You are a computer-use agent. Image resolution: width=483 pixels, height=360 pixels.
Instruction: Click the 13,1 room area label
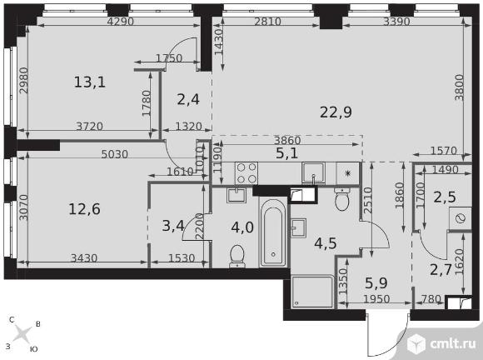90,82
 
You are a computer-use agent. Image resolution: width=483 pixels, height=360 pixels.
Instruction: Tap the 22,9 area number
336,112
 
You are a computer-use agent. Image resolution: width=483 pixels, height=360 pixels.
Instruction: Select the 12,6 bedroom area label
84,209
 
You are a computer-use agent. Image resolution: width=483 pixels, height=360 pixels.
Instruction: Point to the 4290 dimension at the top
121,22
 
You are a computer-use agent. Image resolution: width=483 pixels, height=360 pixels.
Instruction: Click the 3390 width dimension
396,22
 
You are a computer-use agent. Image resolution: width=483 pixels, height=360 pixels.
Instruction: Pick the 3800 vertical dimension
460,87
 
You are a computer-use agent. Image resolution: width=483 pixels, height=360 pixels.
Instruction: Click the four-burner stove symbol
246,172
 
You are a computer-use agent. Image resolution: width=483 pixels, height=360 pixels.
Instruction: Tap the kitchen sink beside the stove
313,173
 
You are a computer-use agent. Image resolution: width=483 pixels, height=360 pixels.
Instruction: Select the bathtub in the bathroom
273,232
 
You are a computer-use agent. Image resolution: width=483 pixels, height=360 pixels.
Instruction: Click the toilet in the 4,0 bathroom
237,256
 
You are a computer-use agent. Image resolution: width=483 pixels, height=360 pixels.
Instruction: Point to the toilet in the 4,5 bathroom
341,199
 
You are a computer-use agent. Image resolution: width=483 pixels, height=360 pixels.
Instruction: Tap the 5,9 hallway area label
376,283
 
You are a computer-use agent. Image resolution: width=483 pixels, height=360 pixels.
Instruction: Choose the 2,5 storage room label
445,197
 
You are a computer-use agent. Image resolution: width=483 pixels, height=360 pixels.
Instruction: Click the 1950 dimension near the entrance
376,299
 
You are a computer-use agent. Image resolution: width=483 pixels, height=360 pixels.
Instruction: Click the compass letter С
12,320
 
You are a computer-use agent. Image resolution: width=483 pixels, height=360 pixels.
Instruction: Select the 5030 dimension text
115,154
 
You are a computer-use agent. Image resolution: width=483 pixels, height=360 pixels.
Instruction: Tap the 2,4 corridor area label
188,99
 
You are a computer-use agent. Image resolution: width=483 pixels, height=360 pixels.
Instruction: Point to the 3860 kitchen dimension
287,141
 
